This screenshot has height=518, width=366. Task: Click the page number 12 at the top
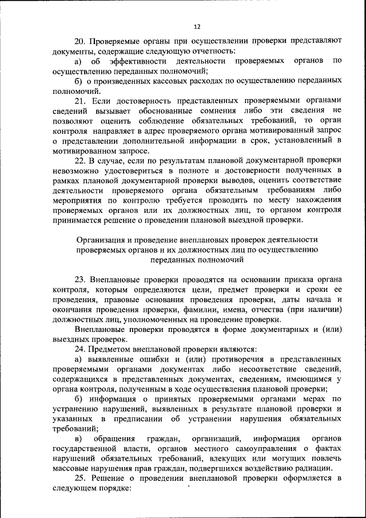(x=197, y=27)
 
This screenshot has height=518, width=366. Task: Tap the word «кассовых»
(x=166, y=81)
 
